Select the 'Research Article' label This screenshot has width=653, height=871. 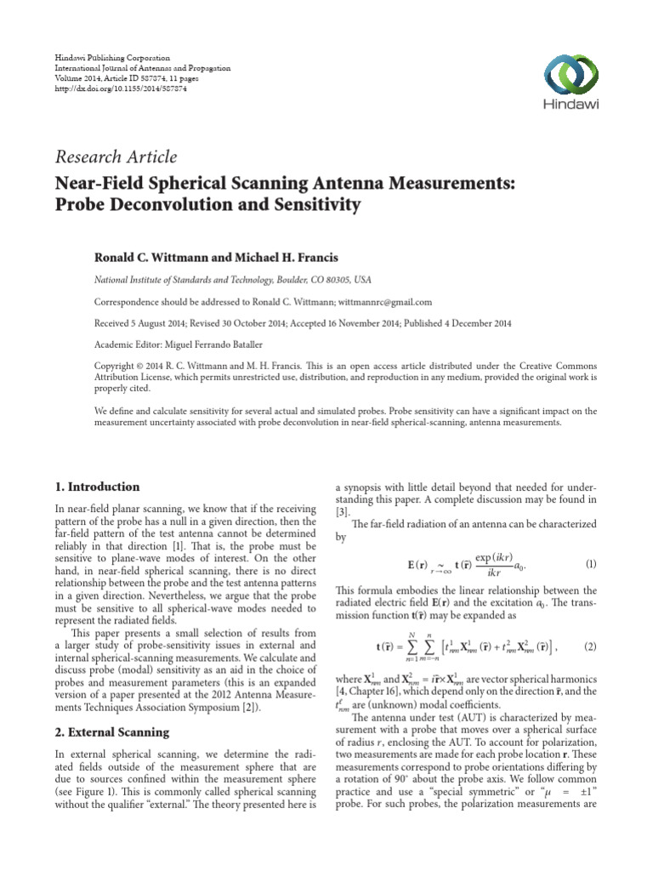tap(116, 157)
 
